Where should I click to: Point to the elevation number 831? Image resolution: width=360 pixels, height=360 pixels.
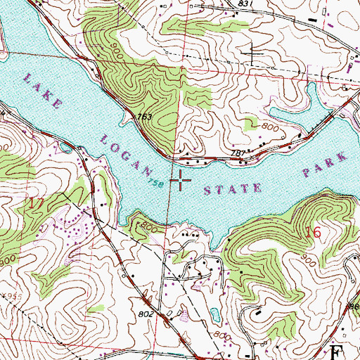click(x=244, y=4)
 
